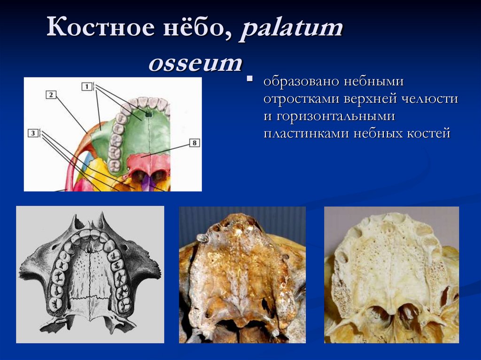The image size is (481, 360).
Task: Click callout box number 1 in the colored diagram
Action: click(x=87, y=86)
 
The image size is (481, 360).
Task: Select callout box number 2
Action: click(x=51, y=94)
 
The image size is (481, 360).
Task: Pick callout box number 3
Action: click(x=33, y=133)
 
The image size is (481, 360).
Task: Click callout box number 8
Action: click(x=194, y=143)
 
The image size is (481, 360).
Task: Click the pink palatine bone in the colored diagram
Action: click(x=148, y=162)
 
